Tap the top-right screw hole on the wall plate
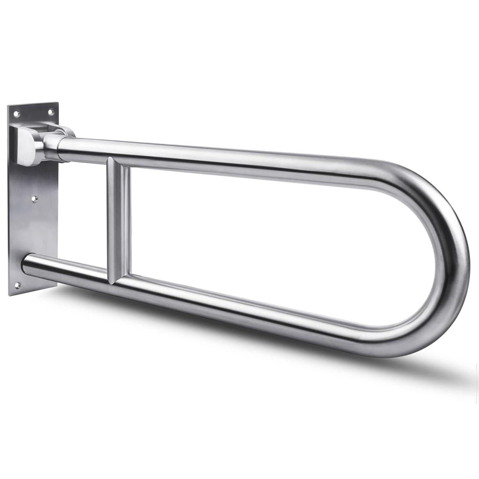pos(50,111)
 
